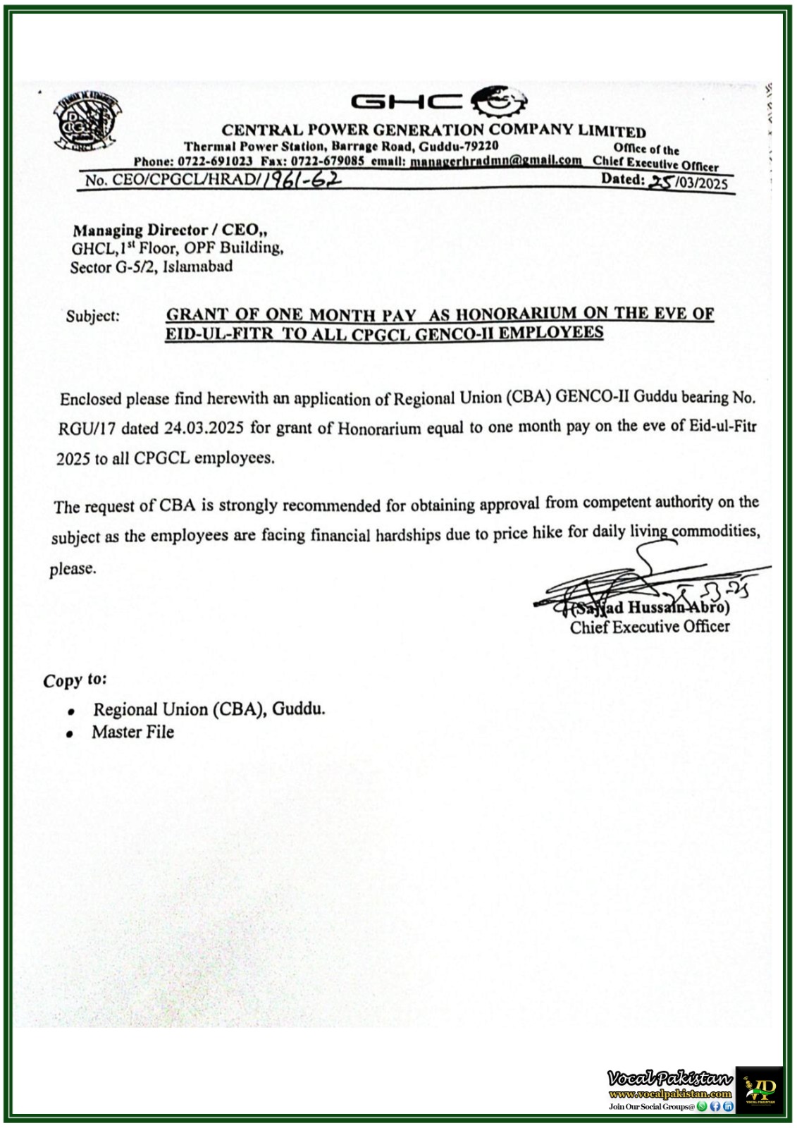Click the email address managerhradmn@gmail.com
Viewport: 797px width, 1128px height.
click(x=496, y=160)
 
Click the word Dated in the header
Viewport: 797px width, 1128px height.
click(x=622, y=179)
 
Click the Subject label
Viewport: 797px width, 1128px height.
click(x=93, y=316)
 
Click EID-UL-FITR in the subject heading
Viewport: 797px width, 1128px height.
click(x=219, y=333)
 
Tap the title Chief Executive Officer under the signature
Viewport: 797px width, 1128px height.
click(x=649, y=627)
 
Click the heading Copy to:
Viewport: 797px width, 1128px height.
click(x=75, y=680)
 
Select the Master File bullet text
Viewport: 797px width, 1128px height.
click(x=132, y=732)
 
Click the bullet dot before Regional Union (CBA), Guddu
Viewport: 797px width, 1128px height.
click(x=71, y=711)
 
